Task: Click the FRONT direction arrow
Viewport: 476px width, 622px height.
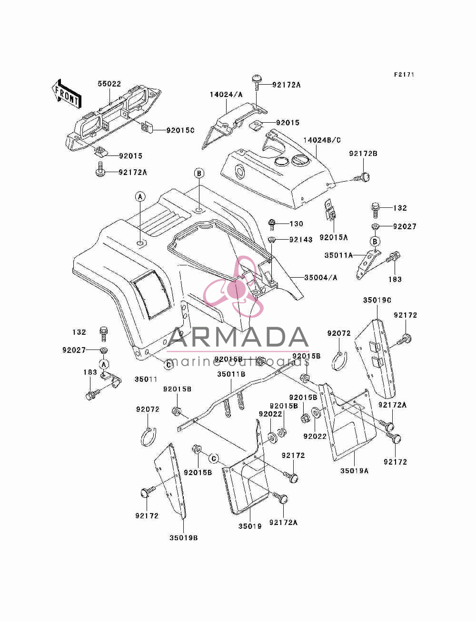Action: [66, 94]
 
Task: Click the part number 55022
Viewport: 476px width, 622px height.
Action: [109, 84]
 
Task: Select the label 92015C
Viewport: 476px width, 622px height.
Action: [180, 130]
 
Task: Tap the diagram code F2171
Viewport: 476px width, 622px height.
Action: [404, 75]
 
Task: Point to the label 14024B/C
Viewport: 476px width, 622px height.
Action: [322, 140]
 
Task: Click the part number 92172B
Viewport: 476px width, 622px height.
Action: [363, 154]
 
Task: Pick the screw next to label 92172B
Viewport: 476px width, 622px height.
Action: [362, 177]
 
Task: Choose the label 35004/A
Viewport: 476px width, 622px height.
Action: [321, 277]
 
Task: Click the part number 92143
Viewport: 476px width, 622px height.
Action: [301, 240]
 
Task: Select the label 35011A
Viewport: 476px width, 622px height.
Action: [339, 255]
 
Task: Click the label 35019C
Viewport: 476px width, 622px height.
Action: [377, 300]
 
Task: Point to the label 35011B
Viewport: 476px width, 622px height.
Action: [231, 374]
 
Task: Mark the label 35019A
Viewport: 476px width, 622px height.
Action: [354, 471]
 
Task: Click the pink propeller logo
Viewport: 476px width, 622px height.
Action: [233, 287]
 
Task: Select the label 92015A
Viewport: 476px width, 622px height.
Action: [334, 237]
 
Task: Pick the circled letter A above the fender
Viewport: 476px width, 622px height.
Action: [140, 197]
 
